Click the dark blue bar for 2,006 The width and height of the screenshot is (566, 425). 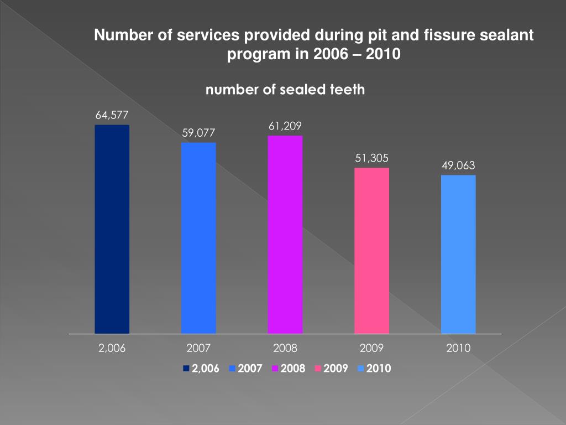[x=112, y=229]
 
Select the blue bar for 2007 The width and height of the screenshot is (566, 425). [x=198, y=238]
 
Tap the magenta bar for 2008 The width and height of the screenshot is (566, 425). [x=285, y=235]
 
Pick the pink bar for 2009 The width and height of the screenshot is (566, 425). [x=371, y=251]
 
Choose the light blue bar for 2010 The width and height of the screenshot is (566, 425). [x=458, y=255]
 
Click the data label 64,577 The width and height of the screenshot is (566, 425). [x=112, y=115]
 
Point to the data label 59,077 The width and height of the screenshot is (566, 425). [x=198, y=133]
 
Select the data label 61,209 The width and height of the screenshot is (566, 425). [x=285, y=126]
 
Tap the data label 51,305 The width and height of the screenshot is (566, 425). [x=371, y=158]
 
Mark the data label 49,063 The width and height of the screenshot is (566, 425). [x=458, y=165]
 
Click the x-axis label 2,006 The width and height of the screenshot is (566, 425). [x=112, y=349]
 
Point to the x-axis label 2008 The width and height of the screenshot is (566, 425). [x=285, y=349]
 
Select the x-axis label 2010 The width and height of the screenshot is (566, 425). [x=458, y=349]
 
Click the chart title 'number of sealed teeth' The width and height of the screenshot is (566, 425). [x=285, y=90]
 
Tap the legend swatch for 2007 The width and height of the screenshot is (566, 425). [x=232, y=369]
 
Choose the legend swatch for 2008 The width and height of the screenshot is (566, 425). [x=275, y=369]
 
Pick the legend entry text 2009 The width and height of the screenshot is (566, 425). [x=336, y=369]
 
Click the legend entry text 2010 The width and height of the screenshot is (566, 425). [x=379, y=369]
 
